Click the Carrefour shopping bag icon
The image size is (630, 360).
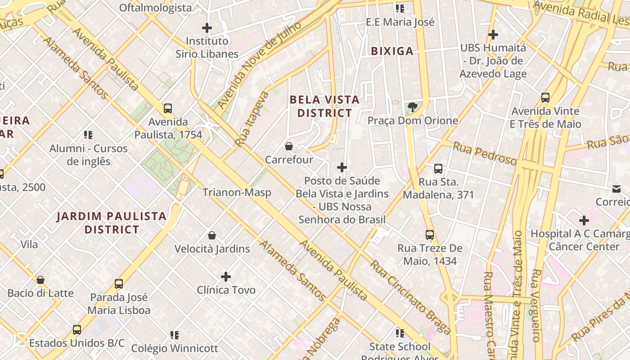(289, 146)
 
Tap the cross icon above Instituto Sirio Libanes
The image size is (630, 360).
(207, 28)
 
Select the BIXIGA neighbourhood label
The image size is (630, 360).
(392, 51)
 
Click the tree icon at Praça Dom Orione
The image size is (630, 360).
(412, 107)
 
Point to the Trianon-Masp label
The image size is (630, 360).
(237, 193)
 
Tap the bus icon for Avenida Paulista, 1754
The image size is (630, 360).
(168, 108)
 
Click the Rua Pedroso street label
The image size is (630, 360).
(485, 153)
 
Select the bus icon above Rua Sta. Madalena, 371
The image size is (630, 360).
(438, 169)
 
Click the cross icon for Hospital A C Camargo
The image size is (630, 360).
(584, 220)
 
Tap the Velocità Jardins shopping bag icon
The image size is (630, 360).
(212, 235)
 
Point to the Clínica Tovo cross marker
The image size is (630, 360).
(226, 276)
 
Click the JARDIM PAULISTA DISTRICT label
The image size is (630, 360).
(112, 223)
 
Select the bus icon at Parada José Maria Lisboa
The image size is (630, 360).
(119, 284)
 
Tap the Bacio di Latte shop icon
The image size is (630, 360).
(40, 280)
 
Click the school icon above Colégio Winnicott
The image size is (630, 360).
(175, 335)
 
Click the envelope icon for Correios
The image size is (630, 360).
(616, 189)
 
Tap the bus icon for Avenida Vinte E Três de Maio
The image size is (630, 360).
(545, 97)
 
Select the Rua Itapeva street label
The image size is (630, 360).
(252, 119)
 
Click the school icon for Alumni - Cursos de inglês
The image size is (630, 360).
(88, 135)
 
